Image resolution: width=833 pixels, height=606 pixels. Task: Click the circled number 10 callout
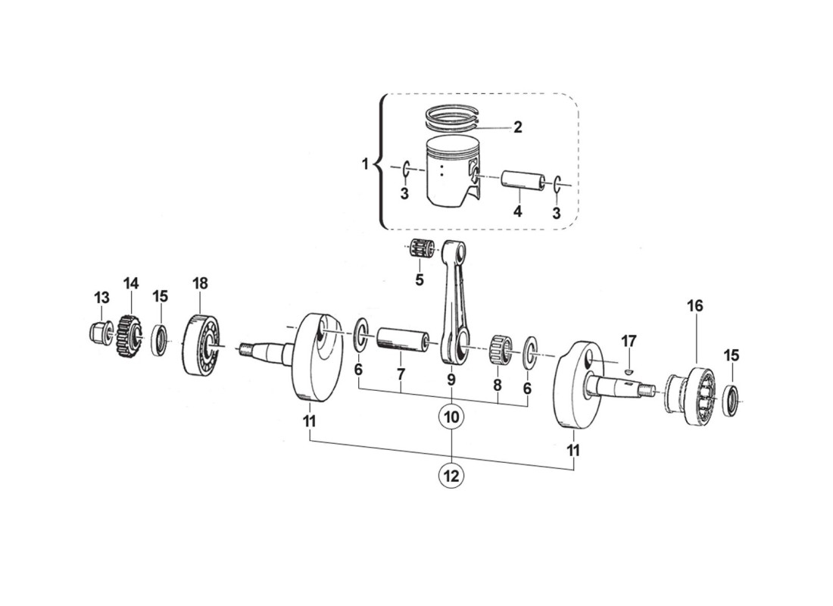(x=451, y=416)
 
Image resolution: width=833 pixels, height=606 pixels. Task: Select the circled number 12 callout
(x=451, y=476)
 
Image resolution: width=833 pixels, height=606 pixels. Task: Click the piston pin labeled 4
(x=524, y=183)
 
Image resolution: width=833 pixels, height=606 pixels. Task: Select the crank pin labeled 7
(x=403, y=338)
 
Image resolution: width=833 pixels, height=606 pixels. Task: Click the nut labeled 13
(x=98, y=330)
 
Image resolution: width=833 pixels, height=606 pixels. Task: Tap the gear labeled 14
(x=129, y=335)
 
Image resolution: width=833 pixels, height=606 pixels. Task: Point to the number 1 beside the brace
(x=365, y=164)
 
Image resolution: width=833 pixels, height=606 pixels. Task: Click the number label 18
(x=199, y=283)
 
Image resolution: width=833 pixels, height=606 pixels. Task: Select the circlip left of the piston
(x=406, y=168)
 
